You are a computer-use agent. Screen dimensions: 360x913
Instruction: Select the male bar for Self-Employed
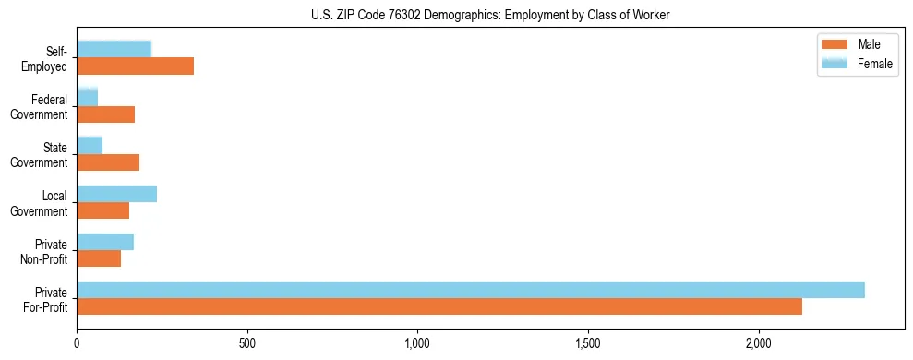pyautogui.click(x=135, y=66)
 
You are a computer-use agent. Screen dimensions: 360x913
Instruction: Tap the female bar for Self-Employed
pyautogui.click(x=114, y=49)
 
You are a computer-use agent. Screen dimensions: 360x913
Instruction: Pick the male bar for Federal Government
pyautogui.click(x=105, y=114)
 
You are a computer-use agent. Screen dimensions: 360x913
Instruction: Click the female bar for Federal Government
pyautogui.click(x=87, y=97)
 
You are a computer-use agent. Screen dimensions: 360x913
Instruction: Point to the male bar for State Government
pyautogui.click(x=108, y=162)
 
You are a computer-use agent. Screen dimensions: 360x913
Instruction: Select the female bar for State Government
pyautogui.click(x=90, y=145)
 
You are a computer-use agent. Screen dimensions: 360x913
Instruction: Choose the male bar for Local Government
pyautogui.click(x=102, y=210)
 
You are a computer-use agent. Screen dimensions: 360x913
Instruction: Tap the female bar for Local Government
pyautogui.click(x=116, y=193)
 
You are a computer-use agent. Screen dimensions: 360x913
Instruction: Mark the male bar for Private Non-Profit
pyautogui.click(x=99, y=258)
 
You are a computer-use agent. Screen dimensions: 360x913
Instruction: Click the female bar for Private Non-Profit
pyautogui.click(x=105, y=241)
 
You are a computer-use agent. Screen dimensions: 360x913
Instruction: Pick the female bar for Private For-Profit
pyautogui.click(x=471, y=289)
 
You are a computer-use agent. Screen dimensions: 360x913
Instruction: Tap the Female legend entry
pyautogui.click(x=859, y=63)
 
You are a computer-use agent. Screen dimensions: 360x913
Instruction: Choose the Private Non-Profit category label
pyautogui.click(x=46, y=251)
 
